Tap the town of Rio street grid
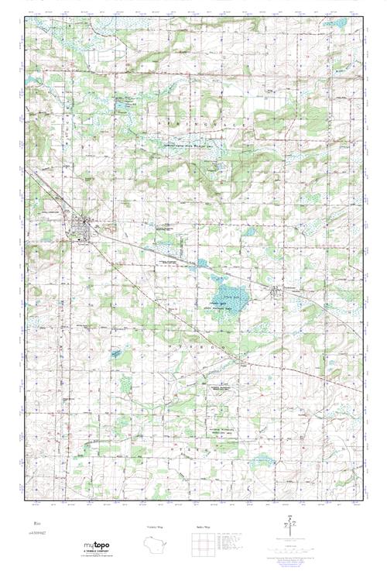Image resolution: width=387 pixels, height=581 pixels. click(80, 228)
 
